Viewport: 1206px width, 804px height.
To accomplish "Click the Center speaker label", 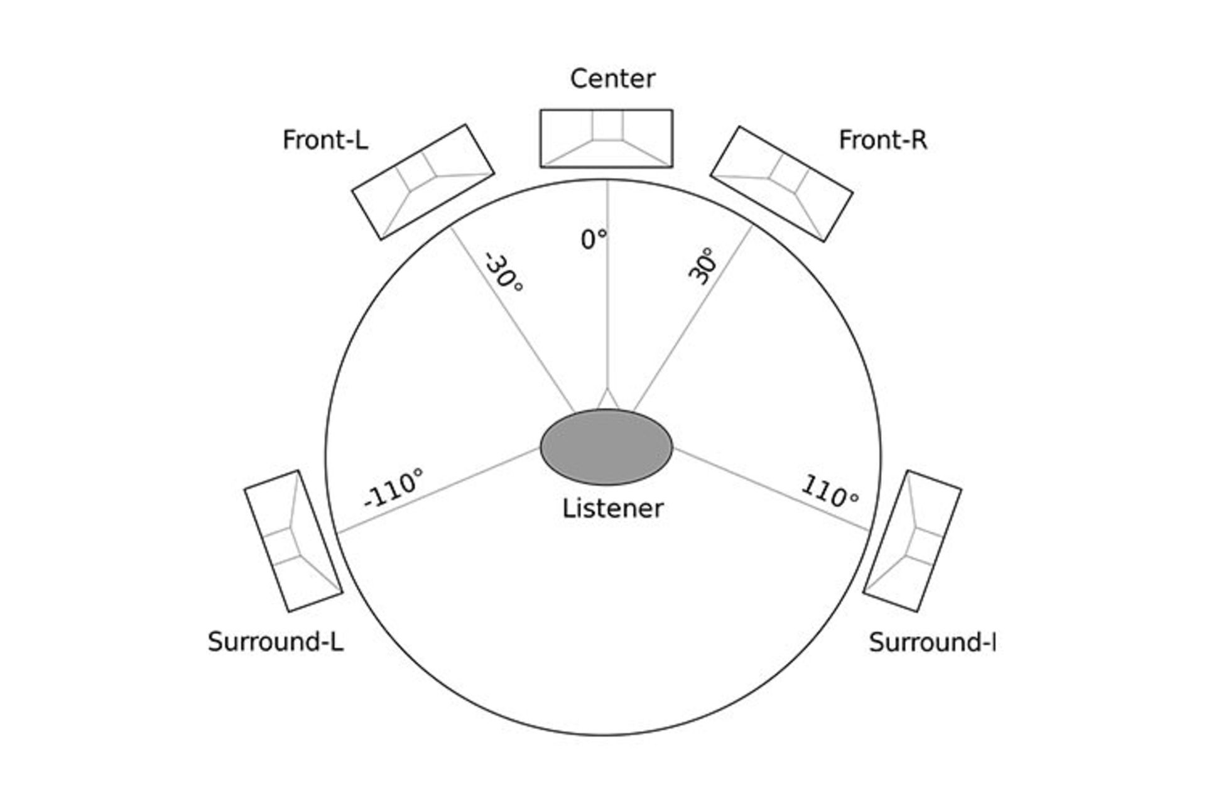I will (x=612, y=79).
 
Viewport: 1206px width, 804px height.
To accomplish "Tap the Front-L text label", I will (x=325, y=140).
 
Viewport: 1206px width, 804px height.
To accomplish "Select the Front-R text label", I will (x=883, y=140).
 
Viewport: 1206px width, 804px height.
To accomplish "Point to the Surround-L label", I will (x=276, y=642).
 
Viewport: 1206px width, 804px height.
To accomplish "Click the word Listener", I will (x=612, y=508).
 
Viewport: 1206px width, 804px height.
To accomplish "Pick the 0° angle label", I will (x=594, y=239).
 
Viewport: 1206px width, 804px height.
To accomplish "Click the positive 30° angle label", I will (x=702, y=266).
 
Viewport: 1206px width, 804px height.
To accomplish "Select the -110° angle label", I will (x=394, y=488).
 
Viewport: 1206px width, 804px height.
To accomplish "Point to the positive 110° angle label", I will (x=829, y=492).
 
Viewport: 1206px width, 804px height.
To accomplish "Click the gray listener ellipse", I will (x=606, y=447).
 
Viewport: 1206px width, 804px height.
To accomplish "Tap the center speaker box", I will (x=606, y=139).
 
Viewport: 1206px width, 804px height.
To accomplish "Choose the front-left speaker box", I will (x=423, y=182).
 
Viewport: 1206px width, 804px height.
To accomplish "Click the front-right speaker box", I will (x=781, y=184).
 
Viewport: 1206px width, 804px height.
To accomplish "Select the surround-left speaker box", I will (x=293, y=541).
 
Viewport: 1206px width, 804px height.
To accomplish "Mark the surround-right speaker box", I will (x=912, y=541).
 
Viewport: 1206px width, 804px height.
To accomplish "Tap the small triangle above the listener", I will (x=607, y=400).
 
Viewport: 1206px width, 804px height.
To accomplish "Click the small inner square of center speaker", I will (x=607, y=125).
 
